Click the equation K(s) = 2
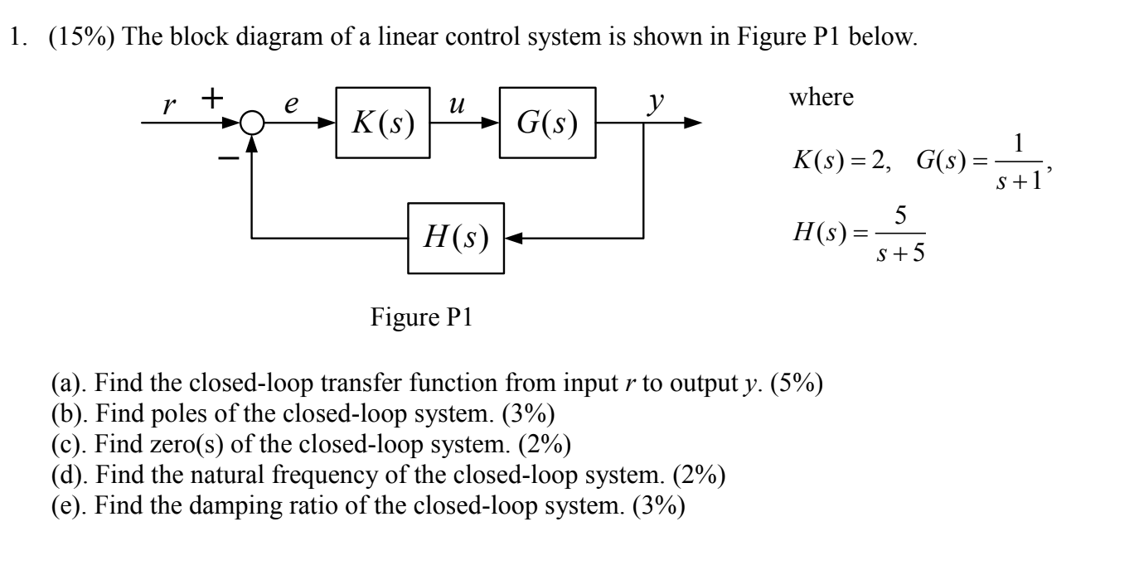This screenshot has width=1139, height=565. (838, 162)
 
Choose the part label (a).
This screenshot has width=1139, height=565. (63, 384)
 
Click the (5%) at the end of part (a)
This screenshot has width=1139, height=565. (796, 384)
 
